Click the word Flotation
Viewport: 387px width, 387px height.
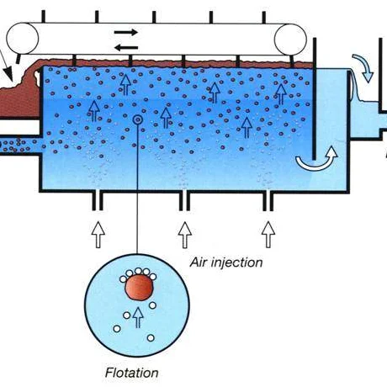click(x=131, y=373)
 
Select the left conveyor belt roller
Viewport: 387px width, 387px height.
click(x=23, y=39)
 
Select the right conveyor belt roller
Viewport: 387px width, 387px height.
click(x=290, y=40)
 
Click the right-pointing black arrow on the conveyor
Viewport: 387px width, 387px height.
click(x=126, y=32)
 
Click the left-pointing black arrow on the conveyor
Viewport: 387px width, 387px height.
click(x=126, y=48)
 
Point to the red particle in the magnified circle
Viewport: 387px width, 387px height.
click(x=140, y=288)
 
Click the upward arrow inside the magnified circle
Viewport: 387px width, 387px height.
click(x=138, y=317)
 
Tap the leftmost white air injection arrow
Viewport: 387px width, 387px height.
click(x=98, y=235)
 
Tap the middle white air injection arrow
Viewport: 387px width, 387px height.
click(x=185, y=235)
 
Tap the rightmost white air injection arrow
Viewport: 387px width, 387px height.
click(x=268, y=235)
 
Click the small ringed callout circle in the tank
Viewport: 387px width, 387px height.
click(x=138, y=120)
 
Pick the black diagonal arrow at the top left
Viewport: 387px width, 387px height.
click(x=6, y=66)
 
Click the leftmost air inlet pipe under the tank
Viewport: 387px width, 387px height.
click(x=98, y=201)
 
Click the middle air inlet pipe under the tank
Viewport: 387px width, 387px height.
click(x=184, y=201)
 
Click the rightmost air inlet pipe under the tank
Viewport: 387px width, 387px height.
click(x=268, y=201)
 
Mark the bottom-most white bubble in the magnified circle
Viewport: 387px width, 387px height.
click(x=151, y=338)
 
